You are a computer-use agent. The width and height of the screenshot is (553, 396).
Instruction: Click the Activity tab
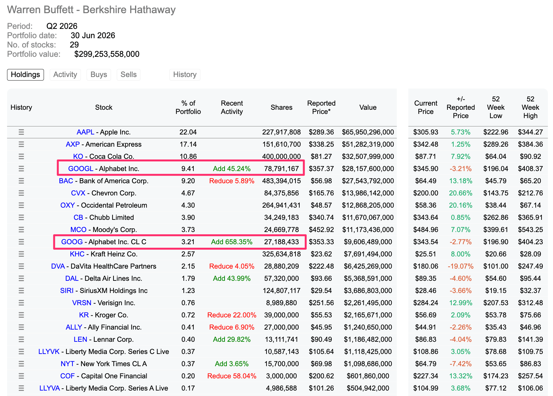65,74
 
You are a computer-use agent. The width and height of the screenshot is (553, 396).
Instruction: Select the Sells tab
129,74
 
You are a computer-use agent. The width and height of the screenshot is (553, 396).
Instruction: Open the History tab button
185,74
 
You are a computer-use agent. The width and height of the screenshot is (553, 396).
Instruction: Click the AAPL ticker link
85,132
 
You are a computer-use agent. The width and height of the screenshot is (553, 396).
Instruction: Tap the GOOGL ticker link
81,169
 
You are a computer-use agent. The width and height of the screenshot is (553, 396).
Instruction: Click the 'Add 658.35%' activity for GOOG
232,242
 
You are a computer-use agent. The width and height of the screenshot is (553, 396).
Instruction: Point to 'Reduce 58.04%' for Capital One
232,376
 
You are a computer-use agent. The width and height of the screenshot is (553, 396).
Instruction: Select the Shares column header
281,108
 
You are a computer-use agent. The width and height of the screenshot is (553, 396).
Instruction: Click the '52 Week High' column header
530,108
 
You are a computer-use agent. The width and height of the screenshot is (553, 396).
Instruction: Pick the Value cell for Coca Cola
368,157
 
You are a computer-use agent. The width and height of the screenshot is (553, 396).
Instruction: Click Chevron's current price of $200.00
426,193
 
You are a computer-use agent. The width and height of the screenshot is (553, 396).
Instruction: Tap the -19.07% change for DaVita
461,266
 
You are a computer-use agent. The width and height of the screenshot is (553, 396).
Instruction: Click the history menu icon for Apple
21,132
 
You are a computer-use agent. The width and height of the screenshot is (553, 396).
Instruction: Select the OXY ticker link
67,205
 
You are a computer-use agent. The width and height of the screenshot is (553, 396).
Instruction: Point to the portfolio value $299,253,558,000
107,54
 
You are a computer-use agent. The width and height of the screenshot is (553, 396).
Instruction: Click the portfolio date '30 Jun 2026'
93,35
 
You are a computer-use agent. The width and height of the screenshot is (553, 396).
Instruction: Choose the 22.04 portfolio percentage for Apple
188,132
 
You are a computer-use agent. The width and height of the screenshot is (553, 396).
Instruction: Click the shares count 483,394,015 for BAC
281,181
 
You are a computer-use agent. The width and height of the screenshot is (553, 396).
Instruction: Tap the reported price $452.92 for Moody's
321,230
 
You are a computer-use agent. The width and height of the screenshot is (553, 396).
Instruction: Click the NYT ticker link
67,364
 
